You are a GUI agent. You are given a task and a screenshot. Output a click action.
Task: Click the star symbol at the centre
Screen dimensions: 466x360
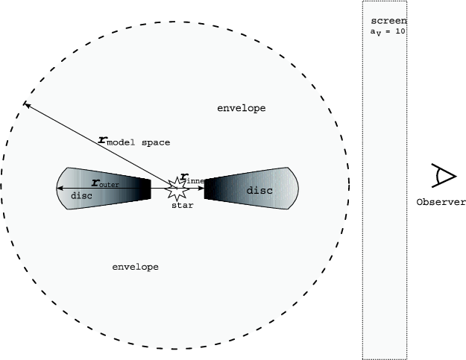click(177, 189)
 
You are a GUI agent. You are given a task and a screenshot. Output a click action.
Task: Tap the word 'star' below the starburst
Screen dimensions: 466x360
click(183, 205)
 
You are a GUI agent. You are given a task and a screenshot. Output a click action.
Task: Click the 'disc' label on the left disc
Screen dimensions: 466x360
click(81, 196)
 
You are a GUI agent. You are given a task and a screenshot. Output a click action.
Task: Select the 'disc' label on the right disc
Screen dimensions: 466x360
click(259, 190)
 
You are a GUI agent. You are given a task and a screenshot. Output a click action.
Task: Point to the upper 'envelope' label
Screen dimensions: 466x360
click(242, 108)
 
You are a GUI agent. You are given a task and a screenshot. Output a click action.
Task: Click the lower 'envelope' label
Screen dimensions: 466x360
click(135, 267)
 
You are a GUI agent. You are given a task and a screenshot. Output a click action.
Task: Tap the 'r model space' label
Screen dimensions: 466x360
click(134, 142)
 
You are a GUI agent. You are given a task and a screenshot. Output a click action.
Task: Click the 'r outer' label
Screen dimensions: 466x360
click(105, 183)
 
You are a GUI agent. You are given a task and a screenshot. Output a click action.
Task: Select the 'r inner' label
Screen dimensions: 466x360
click(192, 179)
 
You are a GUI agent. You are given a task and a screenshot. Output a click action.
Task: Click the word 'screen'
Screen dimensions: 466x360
click(388, 21)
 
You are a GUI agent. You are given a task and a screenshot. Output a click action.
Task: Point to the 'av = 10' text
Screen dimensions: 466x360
click(388, 31)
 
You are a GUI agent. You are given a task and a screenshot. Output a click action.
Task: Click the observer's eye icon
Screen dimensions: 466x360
click(444, 176)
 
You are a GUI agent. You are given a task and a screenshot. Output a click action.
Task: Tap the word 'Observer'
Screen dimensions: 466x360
click(441, 202)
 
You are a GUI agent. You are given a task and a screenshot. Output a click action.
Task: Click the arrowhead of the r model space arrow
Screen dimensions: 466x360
click(26, 104)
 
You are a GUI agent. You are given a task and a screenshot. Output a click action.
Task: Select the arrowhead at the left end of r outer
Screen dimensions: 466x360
click(60, 188)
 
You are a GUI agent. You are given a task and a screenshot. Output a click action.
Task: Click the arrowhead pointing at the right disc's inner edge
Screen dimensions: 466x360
click(201, 188)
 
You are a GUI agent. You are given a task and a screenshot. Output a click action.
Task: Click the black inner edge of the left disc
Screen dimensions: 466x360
click(145, 189)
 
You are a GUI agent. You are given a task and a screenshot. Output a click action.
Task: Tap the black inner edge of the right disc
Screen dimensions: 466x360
click(209, 189)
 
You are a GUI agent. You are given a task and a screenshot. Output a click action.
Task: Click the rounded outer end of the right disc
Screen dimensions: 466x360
click(295, 189)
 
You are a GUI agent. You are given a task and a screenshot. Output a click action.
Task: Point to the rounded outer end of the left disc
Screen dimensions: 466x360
click(61, 189)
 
